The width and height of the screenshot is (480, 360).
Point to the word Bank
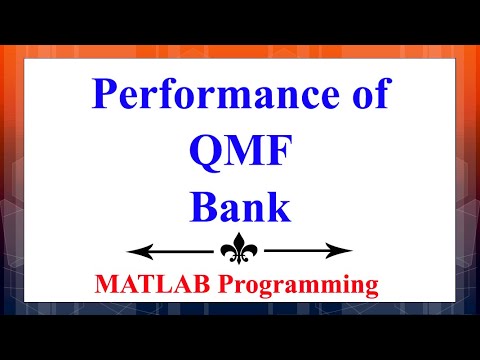coord(239,207)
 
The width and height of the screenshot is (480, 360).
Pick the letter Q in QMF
coord(205,153)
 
